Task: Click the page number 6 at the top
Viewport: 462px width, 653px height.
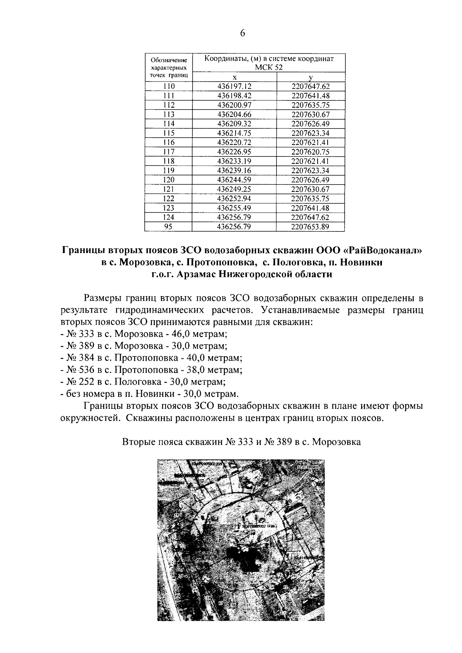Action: click(242, 33)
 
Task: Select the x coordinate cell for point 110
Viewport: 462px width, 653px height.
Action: click(234, 87)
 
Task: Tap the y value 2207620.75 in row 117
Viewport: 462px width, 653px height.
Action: click(310, 152)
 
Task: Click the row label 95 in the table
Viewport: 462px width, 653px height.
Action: click(168, 227)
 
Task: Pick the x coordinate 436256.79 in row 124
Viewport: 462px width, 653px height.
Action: click(234, 217)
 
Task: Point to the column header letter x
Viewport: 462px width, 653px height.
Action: click(234, 77)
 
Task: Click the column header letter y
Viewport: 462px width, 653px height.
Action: click(310, 78)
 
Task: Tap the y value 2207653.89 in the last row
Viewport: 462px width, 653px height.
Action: click(310, 227)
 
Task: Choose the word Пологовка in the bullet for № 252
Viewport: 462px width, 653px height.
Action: click(142, 382)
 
